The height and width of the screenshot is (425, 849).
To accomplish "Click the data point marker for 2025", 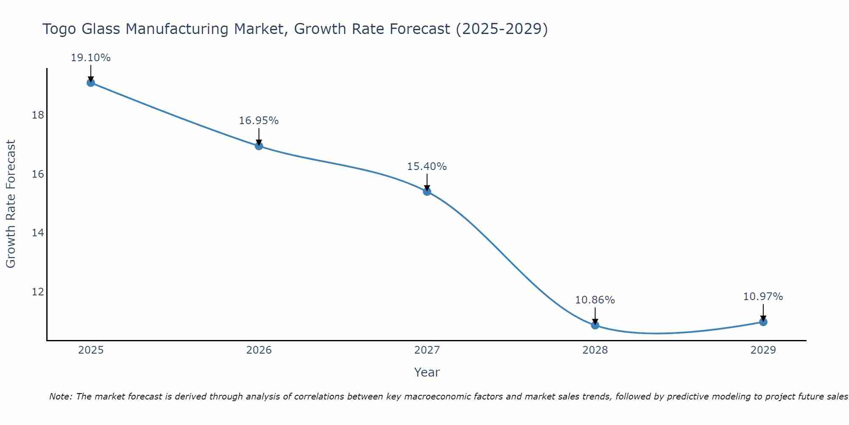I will click(91, 82).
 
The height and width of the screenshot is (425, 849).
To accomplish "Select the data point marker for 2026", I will click(259, 146).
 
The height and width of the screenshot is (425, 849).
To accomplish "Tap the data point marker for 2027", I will click(427, 192).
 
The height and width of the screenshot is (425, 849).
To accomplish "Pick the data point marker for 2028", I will click(595, 325).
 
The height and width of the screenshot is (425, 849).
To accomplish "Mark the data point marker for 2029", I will click(763, 322).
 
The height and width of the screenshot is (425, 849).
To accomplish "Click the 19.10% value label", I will click(91, 58).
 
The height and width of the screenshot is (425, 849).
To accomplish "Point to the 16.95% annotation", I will click(259, 121).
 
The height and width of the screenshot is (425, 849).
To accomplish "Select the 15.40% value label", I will click(427, 167).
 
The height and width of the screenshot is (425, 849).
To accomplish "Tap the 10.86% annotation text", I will click(595, 300).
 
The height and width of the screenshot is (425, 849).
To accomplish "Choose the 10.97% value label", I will click(763, 297).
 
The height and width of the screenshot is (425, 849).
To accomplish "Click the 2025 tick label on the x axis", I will click(91, 350).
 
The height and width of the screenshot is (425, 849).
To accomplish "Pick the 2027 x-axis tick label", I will click(427, 350).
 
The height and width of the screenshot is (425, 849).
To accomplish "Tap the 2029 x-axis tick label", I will click(763, 350).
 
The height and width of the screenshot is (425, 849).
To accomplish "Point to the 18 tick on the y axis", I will click(38, 115).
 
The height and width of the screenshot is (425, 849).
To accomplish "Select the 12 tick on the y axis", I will click(38, 292).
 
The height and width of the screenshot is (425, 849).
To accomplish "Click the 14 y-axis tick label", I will click(38, 233).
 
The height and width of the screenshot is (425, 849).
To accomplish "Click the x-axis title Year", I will click(427, 372).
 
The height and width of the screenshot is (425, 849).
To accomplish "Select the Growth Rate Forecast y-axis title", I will click(11, 204).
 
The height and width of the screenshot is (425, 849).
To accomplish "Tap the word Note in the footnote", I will click(61, 397).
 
